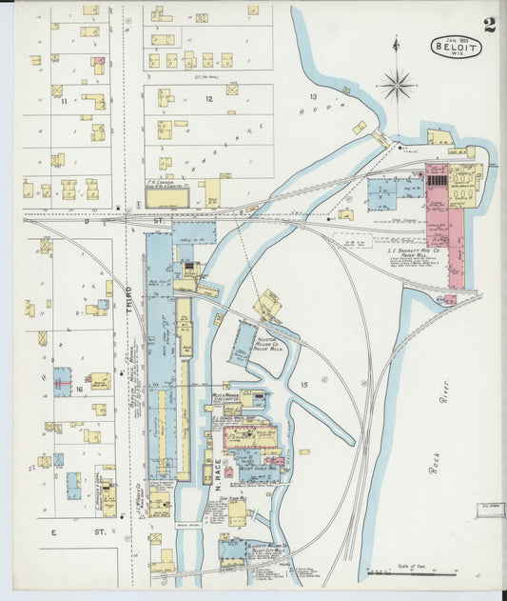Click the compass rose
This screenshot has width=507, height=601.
click(397, 85)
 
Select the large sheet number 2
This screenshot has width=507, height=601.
click(489, 24)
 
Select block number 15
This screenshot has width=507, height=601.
click(304, 384)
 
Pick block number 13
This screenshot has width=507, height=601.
click(312, 97)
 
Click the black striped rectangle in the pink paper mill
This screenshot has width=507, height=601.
click(437, 179)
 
